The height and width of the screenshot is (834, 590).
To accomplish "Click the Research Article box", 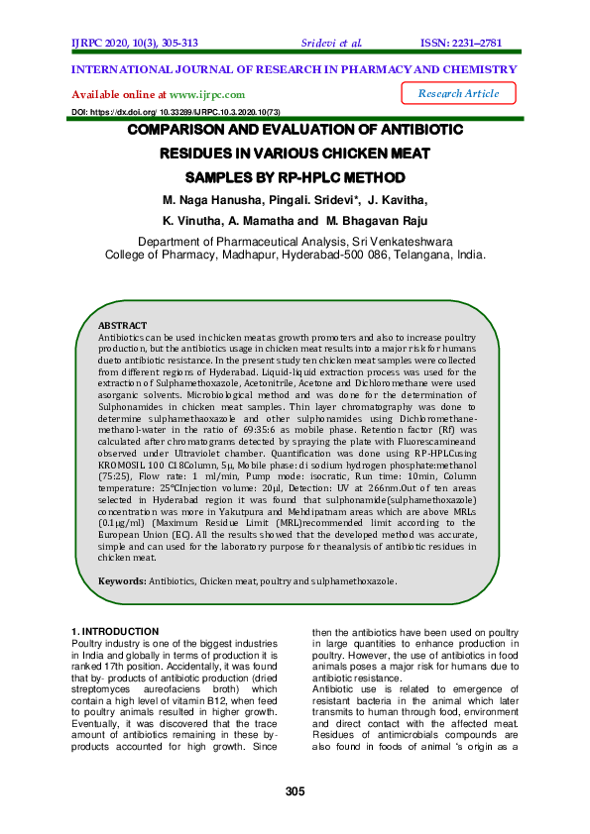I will [x=459, y=93].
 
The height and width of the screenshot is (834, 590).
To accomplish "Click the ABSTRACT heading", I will [x=122, y=326].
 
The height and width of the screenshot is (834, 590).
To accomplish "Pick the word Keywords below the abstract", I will [x=121, y=581].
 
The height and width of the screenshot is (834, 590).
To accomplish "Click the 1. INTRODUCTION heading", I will [x=116, y=631].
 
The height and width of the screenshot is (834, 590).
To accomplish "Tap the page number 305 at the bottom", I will [x=294, y=790].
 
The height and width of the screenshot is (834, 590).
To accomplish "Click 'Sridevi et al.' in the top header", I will [x=330, y=44].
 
